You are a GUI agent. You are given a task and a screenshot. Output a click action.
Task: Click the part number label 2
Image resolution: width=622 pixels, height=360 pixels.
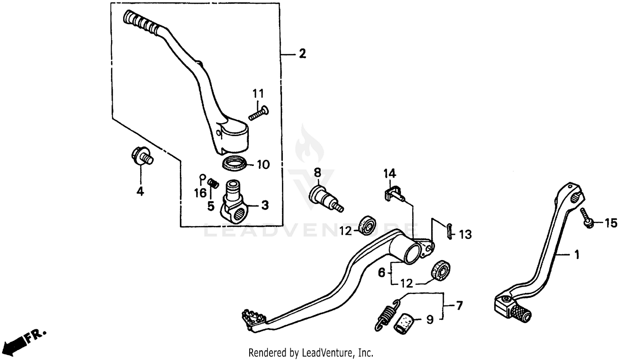tap(302, 54)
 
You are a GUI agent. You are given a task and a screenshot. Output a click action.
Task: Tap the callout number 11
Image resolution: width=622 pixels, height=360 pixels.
tap(258, 94)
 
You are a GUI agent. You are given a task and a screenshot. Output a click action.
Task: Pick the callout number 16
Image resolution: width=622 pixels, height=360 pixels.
tap(200, 193)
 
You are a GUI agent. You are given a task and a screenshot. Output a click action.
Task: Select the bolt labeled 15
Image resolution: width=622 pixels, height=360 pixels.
tap(587, 219)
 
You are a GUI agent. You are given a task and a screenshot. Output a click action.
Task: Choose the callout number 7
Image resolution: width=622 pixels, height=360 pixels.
tap(459, 306)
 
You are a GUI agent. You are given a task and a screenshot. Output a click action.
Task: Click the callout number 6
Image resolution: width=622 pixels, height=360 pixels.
tap(381, 272)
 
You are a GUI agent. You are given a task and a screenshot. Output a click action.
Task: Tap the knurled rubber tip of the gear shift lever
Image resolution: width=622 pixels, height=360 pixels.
tap(521, 312)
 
